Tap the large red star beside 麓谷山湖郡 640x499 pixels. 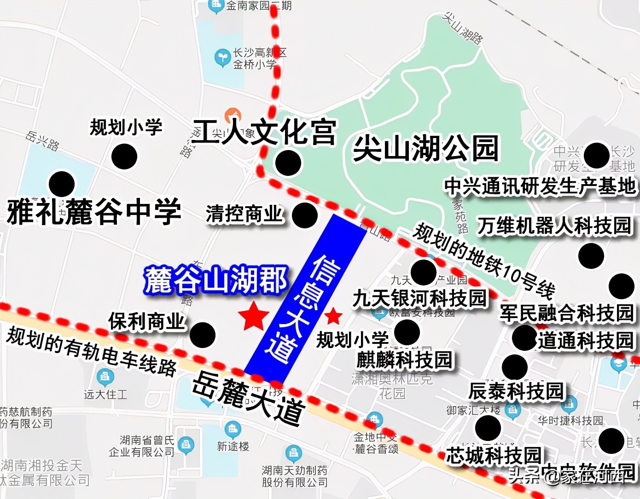tap(253, 316)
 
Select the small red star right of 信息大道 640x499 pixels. tap(333, 316)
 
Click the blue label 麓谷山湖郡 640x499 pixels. tap(215, 279)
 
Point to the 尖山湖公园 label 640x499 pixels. tap(426, 148)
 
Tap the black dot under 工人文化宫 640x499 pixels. tap(288, 162)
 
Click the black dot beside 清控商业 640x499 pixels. tap(304, 215)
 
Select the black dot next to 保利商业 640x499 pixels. tap(202, 335)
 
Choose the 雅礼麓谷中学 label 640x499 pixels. tap(94, 212)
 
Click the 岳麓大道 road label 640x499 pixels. tap(249, 398)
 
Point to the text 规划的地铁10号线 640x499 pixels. tap(483, 260)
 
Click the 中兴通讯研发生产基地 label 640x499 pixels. tap(540, 186)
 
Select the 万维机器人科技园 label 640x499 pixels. tap(554, 226)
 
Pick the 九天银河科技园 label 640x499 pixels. tap(419, 298)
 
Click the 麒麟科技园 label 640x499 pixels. tap(405, 360)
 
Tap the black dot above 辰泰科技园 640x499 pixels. tap(514, 367)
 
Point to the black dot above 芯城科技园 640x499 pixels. tap(488, 428)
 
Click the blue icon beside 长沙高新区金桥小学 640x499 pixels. tap(222, 58)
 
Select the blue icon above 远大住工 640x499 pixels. tap(105, 377)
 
